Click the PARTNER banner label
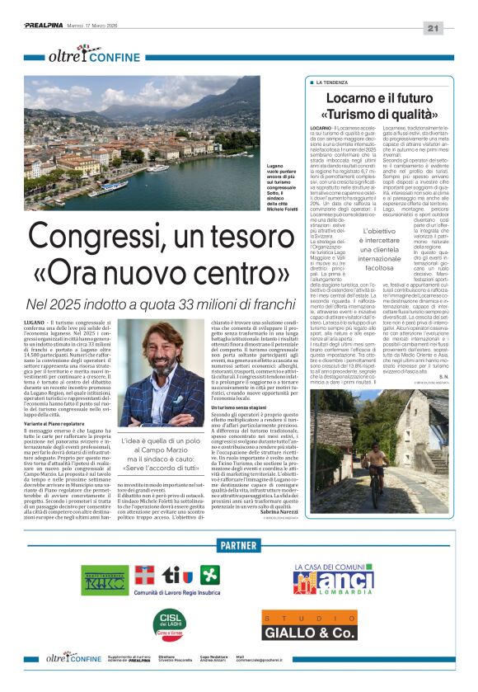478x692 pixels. (239, 545)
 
